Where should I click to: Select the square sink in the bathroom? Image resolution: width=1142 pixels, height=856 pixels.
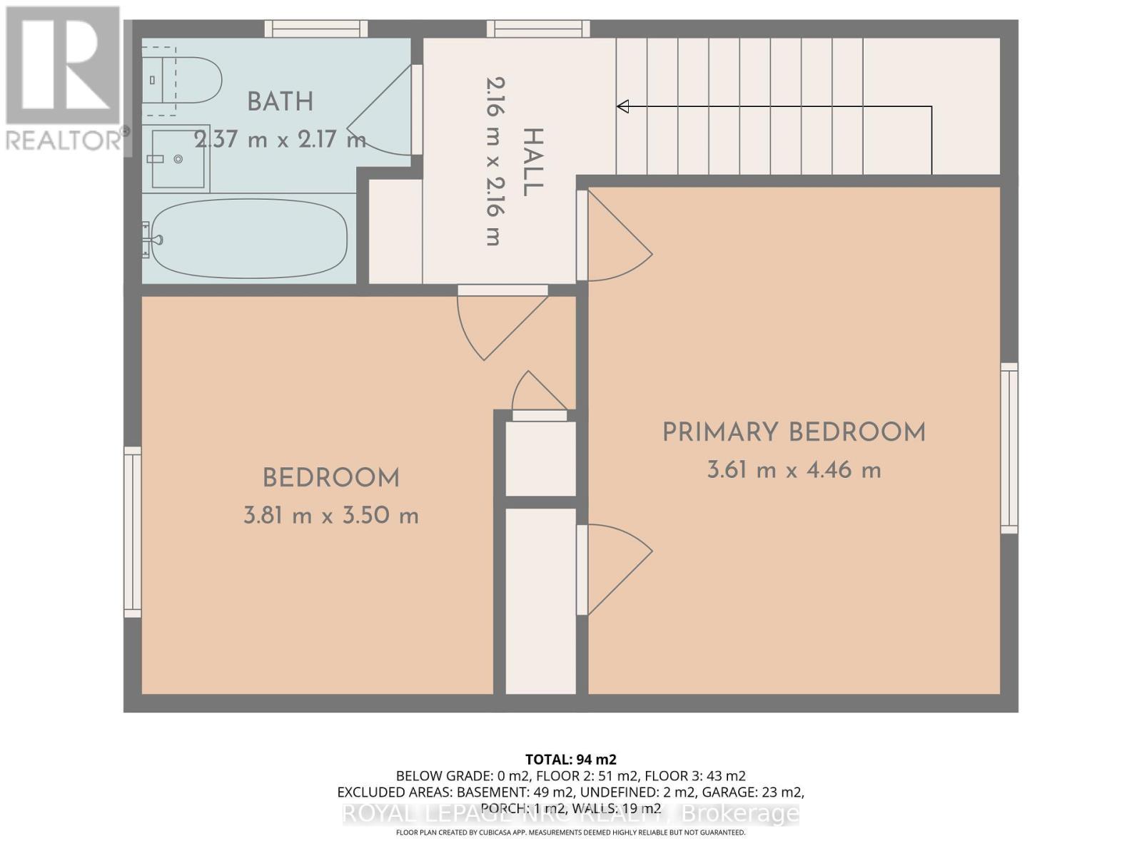click(x=178, y=159)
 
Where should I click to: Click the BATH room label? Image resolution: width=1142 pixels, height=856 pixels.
click(x=280, y=102)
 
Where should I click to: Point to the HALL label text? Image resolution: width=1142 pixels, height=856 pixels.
click(x=532, y=163)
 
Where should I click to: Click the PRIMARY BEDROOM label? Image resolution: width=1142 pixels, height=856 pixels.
click(x=794, y=432)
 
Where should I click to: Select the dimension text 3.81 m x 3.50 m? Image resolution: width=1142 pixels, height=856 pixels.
click(x=330, y=516)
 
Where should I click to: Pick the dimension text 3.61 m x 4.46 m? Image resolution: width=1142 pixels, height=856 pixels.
click(x=794, y=471)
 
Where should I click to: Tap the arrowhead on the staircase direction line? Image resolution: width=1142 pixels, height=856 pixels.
click(x=623, y=106)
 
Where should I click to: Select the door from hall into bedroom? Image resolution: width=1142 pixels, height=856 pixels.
click(x=500, y=321)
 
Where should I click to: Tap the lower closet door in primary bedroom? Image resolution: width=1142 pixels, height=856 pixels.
click(x=614, y=567)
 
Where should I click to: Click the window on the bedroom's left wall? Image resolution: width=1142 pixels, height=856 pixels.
click(x=133, y=531)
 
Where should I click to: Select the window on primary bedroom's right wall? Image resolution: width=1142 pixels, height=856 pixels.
click(x=1009, y=447)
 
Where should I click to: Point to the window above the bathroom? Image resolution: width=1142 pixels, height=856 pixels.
click(x=316, y=29)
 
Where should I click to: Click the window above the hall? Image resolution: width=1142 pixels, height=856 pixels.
click(x=539, y=29)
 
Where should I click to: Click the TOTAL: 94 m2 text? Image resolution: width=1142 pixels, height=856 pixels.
click(x=570, y=759)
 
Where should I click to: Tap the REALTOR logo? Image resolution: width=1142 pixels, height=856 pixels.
click(x=64, y=78)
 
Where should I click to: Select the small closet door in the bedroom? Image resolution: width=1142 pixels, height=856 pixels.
click(x=539, y=396)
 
